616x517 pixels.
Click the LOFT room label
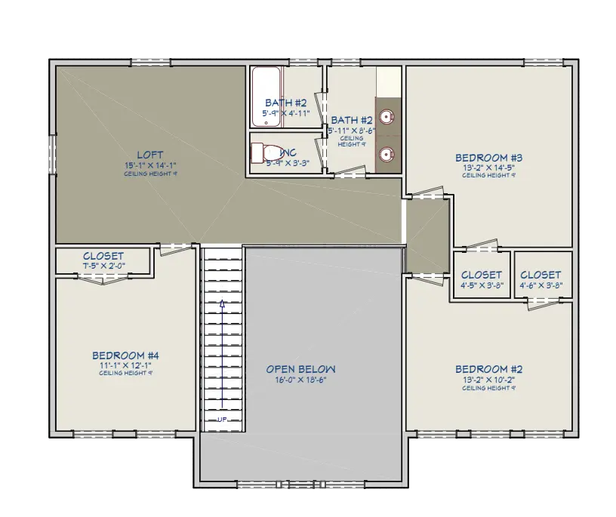(149, 155)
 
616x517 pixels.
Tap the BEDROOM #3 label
(488, 158)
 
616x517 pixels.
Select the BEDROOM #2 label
(488, 369)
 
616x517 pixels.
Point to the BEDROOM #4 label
(125, 355)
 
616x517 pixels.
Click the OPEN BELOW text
(300, 369)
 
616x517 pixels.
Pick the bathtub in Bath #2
(265, 97)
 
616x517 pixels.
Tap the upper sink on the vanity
(387, 117)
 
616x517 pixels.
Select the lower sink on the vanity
(387, 155)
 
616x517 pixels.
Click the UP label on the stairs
(222, 419)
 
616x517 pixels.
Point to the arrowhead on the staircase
(222, 304)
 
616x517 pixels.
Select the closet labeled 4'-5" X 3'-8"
(481, 280)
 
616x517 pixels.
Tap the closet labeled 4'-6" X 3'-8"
(541, 280)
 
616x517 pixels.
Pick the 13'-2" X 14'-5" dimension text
(488, 168)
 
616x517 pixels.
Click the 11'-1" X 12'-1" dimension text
(125, 365)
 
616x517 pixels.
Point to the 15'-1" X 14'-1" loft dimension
(149, 165)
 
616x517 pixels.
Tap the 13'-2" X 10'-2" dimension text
(488, 380)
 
